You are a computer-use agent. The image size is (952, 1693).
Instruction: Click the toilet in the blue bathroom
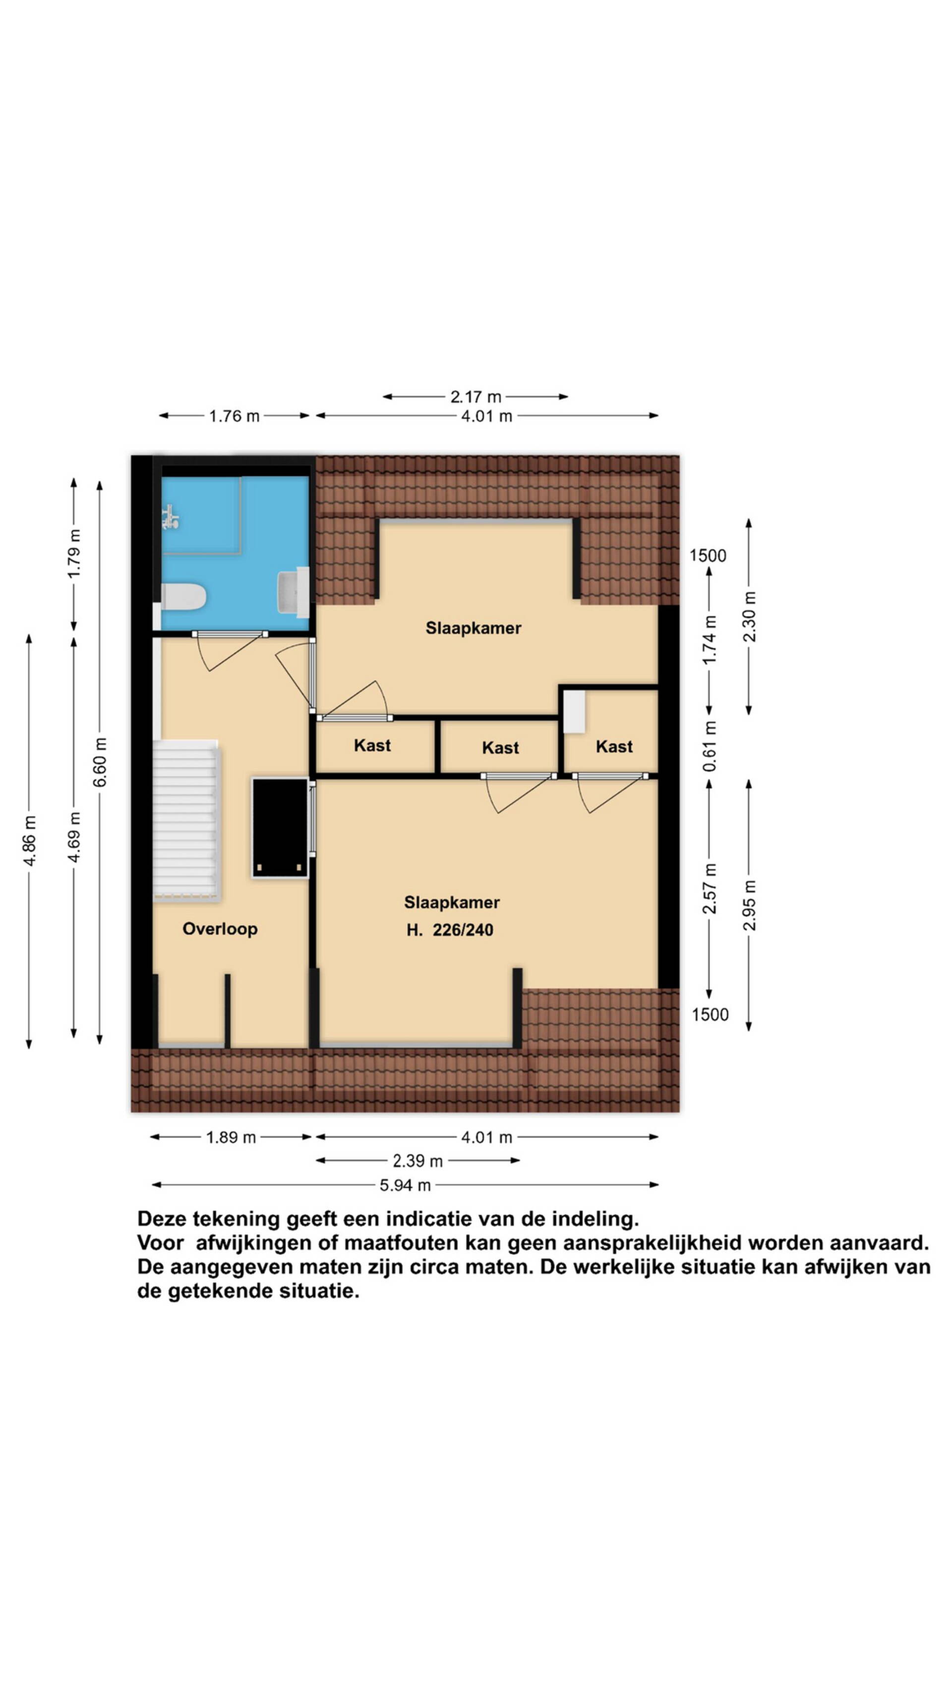(184, 597)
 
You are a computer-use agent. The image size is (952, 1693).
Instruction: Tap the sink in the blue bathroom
(293, 591)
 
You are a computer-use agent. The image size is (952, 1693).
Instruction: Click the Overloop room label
(220, 929)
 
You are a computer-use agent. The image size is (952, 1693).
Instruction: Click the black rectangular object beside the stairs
(280, 827)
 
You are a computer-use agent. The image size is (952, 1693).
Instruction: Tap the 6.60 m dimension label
(100, 762)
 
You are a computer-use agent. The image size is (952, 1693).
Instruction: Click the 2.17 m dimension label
(476, 396)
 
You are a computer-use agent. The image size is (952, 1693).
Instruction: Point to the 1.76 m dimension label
(234, 415)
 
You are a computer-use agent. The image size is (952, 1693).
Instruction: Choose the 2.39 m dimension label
(418, 1161)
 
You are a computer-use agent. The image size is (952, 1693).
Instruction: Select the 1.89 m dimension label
(231, 1137)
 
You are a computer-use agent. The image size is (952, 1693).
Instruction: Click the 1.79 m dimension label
(74, 554)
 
